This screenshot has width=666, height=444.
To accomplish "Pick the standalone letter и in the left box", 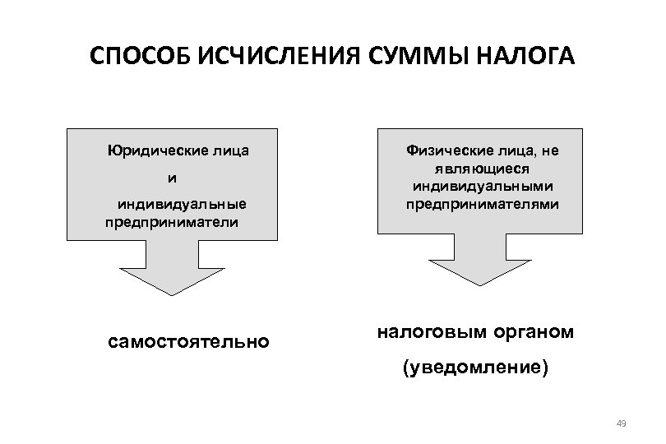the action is click(x=172, y=178).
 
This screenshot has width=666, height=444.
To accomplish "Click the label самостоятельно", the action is click(x=188, y=340).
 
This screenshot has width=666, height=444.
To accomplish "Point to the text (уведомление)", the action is click(x=474, y=368).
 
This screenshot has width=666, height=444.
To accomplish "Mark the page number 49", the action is click(x=621, y=423).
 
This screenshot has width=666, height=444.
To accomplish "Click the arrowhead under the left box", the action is click(x=172, y=280).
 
